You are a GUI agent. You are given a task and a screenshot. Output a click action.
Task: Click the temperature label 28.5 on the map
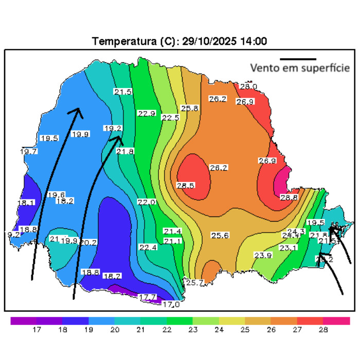[x=185, y=185]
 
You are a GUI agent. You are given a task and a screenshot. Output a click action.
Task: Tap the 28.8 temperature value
[x=289, y=197]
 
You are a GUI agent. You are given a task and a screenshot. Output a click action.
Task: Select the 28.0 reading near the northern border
[x=248, y=86]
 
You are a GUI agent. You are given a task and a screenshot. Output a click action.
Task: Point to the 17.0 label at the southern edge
[x=171, y=304]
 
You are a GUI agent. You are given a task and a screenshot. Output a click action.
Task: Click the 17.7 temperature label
[x=148, y=297]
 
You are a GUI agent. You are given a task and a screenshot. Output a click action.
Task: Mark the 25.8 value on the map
[x=190, y=108]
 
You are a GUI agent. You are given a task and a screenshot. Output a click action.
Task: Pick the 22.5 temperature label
[x=170, y=118]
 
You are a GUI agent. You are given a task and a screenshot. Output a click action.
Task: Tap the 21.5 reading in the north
[x=123, y=92]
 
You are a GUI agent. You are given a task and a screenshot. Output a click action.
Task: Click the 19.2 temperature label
[x=113, y=129]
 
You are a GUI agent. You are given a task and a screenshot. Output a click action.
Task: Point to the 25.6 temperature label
[x=220, y=236]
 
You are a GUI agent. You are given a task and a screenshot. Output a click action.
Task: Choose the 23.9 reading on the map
[x=263, y=256]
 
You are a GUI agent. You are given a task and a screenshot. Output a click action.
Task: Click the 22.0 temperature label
[x=147, y=203]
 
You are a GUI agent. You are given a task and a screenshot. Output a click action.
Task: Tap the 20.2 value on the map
[x=88, y=242]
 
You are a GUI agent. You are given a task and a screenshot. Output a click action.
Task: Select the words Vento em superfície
[x=300, y=68]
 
